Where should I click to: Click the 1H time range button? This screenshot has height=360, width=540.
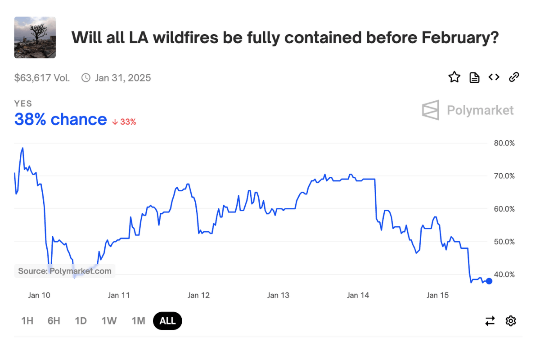(x=27, y=321)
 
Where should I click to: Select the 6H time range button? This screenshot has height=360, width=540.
(x=54, y=321)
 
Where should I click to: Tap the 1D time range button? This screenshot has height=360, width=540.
(x=81, y=321)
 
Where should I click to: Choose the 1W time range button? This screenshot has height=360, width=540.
(x=109, y=321)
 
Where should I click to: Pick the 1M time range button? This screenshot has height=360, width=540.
(x=138, y=321)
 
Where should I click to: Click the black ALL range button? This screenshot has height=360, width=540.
(x=167, y=321)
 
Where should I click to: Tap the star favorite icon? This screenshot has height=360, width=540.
(x=454, y=77)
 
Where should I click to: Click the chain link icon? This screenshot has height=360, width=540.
(x=514, y=77)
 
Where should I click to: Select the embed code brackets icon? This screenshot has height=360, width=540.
(x=494, y=77)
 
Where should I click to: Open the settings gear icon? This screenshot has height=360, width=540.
(x=511, y=321)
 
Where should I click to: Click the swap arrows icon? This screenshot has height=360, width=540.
(x=490, y=321)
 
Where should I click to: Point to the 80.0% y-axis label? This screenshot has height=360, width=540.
(x=504, y=143)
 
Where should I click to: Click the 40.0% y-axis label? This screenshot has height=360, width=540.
(x=504, y=274)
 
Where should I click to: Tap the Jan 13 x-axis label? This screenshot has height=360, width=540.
(x=279, y=295)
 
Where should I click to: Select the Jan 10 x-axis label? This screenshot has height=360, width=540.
(x=39, y=295)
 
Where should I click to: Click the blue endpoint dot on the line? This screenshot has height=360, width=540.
(x=489, y=281)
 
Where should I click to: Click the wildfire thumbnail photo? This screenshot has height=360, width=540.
(x=35, y=37)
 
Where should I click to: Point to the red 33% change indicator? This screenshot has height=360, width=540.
(x=124, y=121)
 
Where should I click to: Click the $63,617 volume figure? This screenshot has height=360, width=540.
(x=42, y=78)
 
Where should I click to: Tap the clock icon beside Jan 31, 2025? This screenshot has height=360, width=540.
(x=85, y=78)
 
